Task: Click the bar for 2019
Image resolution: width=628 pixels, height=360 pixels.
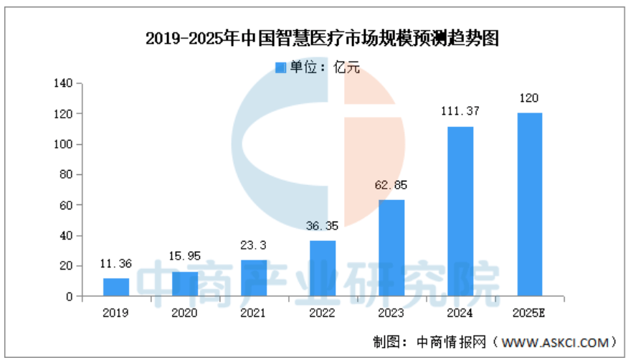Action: coord(116,287)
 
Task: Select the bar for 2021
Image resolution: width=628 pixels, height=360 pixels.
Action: coord(254,278)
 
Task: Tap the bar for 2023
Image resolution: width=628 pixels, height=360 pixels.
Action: coord(391,247)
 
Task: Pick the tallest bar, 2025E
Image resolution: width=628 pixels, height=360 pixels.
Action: coord(529,204)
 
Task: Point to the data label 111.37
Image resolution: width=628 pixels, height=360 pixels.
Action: coord(460,112)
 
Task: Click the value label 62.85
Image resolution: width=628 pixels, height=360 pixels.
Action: coord(391,186)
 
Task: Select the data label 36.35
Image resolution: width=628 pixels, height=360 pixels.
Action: coord(323,226)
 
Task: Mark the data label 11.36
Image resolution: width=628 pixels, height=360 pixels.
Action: coord(116,264)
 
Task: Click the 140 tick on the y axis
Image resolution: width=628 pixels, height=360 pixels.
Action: coord(64,84)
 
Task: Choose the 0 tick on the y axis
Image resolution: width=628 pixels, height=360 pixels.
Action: coord(70,296)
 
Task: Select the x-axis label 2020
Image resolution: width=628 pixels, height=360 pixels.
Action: coord(185,313)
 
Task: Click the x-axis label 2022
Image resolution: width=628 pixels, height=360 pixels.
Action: coord(323,313)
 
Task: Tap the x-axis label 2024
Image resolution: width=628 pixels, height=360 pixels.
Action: coord(460,313)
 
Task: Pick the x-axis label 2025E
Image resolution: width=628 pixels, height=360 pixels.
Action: coord(529,313)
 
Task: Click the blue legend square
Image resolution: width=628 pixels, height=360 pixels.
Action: coord(280,67)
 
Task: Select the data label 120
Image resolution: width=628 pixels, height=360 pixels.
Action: coord(529,98)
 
